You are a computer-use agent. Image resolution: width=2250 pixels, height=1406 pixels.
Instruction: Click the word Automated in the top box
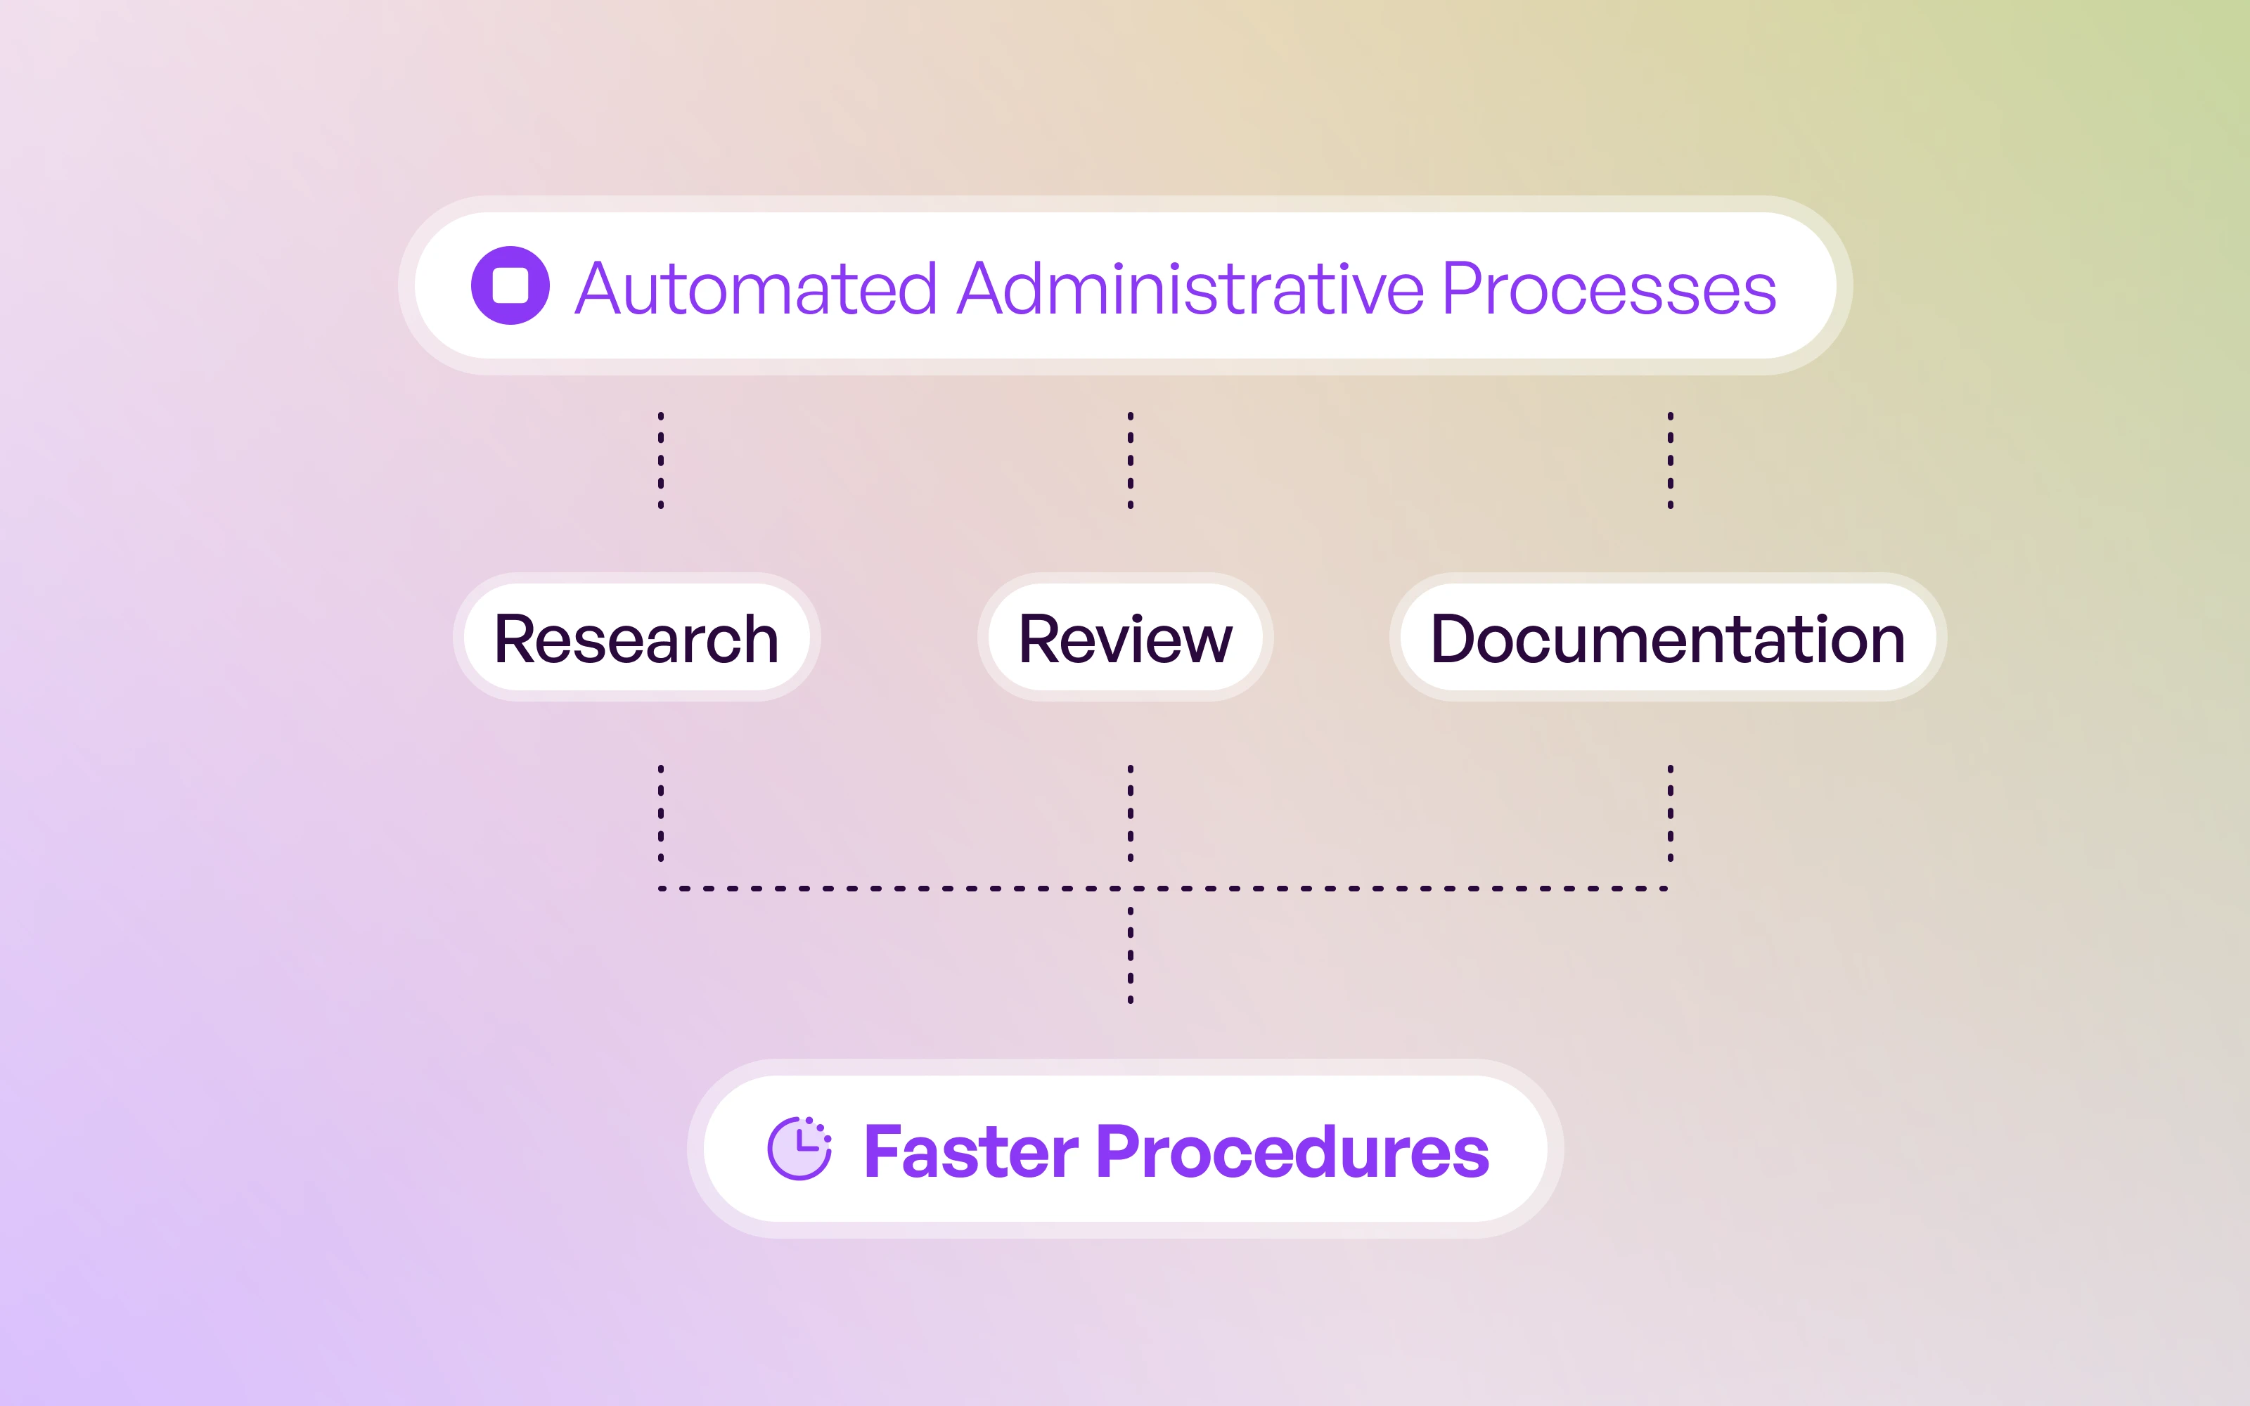pyautogui.click(x=755, y=288)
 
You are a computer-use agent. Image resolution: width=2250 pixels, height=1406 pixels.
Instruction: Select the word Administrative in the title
pyautogui.click(x=1190, y=288)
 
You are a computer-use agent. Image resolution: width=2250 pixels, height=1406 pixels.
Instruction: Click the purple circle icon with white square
pyautogui.click(x=510, y=285)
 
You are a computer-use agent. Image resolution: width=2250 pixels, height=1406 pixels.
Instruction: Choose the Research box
pyautogui.click(x=636, y=638)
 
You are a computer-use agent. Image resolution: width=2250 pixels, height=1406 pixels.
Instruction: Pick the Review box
pyautogui.click(x=1125, y=638)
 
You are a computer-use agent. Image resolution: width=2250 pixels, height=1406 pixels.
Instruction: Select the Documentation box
pyautogui.click(x=1668, y=638)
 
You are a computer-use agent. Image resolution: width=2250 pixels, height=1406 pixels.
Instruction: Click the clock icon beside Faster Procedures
pyautogui.click(x=799, y=1149)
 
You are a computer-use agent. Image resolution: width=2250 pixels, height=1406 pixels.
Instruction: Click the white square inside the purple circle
pyautogui.click(x=510, y=285)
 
